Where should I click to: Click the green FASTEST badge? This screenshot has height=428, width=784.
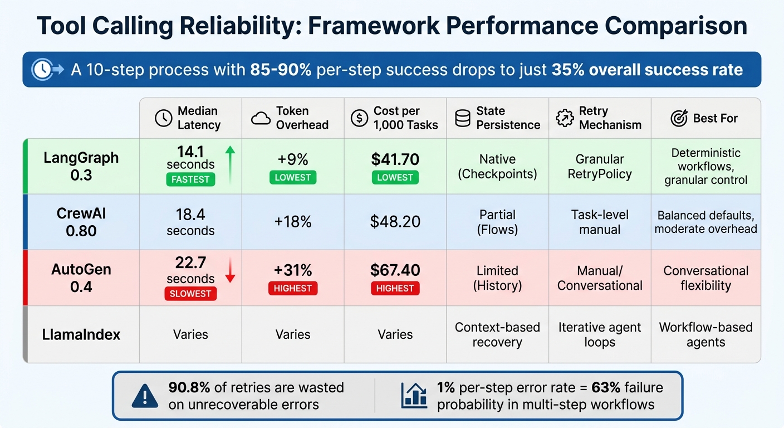coord(190,179)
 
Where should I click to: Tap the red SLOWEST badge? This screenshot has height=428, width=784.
coord(190,293)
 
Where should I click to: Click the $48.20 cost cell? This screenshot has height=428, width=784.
coord(395,222)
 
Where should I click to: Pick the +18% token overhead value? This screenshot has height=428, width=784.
coord(293,222)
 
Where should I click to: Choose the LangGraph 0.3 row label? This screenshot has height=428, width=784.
coord(81,166)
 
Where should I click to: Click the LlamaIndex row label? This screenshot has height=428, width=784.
coord(81,334)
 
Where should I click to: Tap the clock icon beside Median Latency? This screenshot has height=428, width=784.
coord(163,118)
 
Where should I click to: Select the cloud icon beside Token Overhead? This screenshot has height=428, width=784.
coord(261,118)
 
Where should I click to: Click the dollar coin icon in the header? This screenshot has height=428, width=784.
coord(359,118)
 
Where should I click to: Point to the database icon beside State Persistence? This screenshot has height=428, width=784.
coord(462,118)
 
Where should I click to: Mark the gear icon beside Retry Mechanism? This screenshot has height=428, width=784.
coord(565,118)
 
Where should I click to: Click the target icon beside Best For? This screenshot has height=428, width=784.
coord(679,118)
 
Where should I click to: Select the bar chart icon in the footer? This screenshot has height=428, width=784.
coord(414,396)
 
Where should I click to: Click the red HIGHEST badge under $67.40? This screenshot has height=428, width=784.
coord(395,289)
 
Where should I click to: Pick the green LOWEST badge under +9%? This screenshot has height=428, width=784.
coord(293,177)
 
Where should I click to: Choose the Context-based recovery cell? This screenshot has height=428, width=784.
coord(497,334)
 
